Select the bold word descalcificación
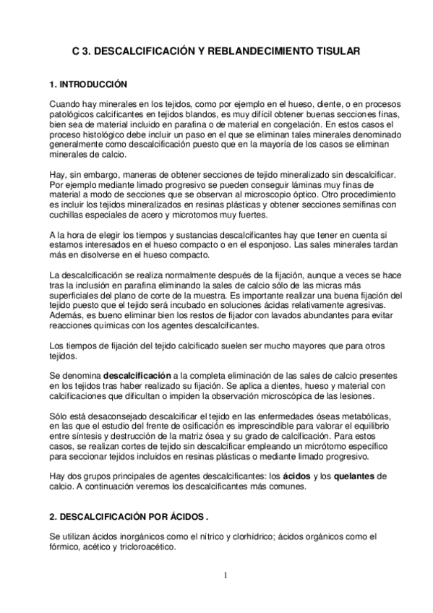(x=137, y=376)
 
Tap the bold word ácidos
(x=296, y=476)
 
